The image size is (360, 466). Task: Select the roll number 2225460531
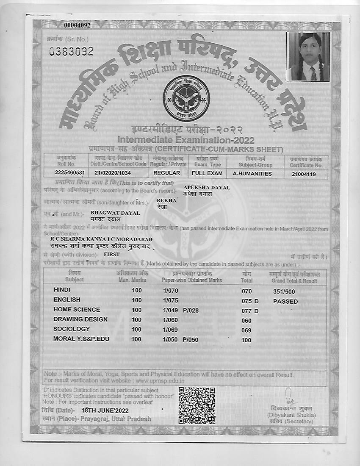coord(70,173)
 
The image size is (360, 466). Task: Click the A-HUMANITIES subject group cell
coord(252,173)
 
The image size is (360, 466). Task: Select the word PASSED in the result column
coord(285,302)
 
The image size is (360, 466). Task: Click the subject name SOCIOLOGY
coord(72,329)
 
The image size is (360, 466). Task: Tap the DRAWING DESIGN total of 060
coord(246,321)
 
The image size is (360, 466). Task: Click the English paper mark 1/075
coord(171,300)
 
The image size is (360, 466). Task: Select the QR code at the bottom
coord(197,405)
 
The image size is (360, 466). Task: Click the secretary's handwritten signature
coord(289,397)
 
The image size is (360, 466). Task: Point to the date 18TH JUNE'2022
coord(105,411)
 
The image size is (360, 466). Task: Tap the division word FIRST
coord(112,255)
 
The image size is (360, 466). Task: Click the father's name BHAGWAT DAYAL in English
coord(115,213)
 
